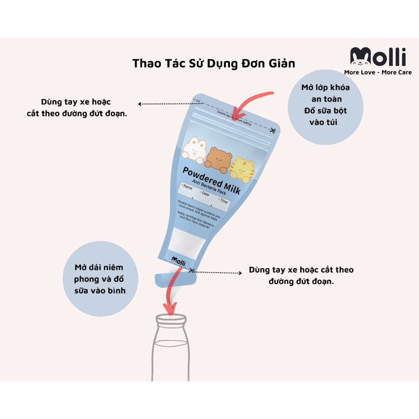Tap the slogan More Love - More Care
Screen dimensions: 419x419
[x=378, y=72]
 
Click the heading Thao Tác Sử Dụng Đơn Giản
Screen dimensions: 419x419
[x=213, y=64]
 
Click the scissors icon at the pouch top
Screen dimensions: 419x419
[x=272, y=131]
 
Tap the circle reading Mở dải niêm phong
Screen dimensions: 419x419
[x=99, y=279]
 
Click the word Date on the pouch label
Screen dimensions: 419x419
[x=205, y=194]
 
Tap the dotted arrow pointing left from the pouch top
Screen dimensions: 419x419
[x=164, y=104]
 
